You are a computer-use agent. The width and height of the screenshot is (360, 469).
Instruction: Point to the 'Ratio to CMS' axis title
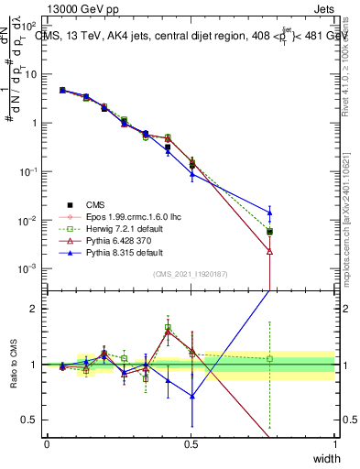pyautogui.click(x=14, y=366)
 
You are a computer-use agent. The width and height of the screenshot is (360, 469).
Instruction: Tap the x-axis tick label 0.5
pyautogui.click(x=191, y=444)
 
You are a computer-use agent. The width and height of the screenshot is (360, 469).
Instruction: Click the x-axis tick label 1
pyautogui.click(x=335, y=444)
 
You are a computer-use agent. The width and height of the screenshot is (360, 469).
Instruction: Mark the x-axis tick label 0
pyautogui.click(x=47, y=444)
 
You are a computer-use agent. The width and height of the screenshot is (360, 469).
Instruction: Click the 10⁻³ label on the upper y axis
pyautogui.click(x=29, y=269)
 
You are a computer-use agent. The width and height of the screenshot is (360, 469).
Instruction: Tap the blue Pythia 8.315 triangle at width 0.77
pyautogui.click(x=269, y=213)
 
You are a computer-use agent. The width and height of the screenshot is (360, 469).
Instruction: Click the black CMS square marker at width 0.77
pyautogui.click(x=269, y=232)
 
